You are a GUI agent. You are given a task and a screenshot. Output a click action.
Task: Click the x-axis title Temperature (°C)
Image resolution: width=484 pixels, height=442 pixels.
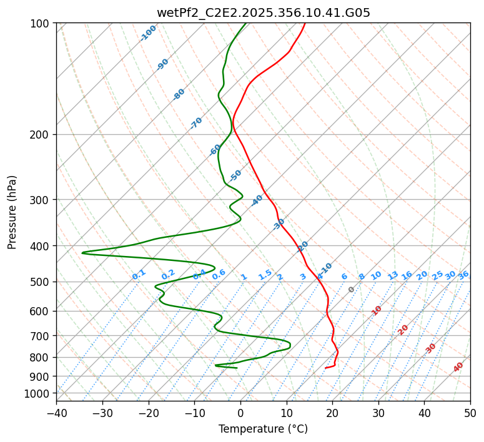tap(263, 430)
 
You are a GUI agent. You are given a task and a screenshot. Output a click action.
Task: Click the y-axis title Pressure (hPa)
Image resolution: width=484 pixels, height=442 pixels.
tap(12, 212)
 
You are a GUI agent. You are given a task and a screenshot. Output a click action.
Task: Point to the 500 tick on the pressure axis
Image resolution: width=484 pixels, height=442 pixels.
tap(41, 282)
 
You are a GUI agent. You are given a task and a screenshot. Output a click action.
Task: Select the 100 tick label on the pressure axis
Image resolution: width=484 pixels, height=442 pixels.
tap(41, 24)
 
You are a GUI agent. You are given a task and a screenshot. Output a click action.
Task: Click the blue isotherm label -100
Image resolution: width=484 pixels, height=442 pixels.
tap(149, 32)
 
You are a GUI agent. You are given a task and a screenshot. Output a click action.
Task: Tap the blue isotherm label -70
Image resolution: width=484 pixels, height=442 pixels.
tap(196, 123)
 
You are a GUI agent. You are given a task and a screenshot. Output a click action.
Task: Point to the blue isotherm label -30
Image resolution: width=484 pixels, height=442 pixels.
tap(279, 224)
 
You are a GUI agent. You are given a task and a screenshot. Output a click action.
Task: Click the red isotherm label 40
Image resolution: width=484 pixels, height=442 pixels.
tap(458, 367)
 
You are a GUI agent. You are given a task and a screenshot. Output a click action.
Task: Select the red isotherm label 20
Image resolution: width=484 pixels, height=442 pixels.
tap(403, 329)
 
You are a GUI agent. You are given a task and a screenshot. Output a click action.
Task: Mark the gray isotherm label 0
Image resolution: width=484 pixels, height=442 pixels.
tap(352, 290)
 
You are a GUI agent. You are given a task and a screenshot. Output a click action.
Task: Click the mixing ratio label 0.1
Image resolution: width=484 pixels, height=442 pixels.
tap(139, 274)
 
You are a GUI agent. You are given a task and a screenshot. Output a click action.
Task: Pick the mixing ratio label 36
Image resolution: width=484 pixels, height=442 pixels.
tap(463, 275)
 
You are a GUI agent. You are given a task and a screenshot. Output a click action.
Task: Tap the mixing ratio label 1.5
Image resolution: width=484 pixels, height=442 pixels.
tap(265, 274)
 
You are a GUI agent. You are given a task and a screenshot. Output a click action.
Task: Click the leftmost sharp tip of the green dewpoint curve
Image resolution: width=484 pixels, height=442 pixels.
tap(82, 252)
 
